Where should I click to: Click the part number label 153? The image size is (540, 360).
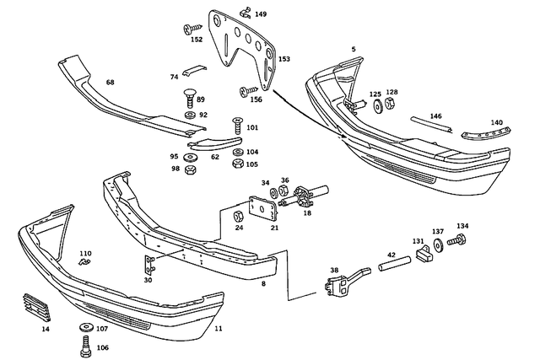pyautogui.click(x=284, y=59)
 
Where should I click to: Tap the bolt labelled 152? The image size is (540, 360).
pyautogui.click(x=188, y=30)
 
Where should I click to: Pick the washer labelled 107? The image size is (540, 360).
pyautogui.click(x=86, y=327)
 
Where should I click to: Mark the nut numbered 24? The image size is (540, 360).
pyautogui.click(x=239, y=217)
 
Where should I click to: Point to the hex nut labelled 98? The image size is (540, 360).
pyautogui.click(x=191, y=169)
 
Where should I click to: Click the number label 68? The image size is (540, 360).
pyautogui.click(x=110, y=82)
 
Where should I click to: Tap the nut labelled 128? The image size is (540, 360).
pyautogui.click(x=391, y=105)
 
